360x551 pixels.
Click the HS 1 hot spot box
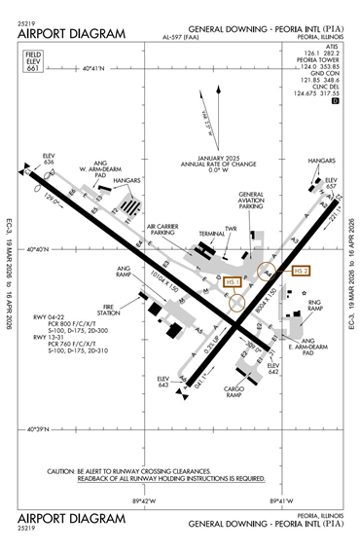pos(233,281)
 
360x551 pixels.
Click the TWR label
pos(231,229)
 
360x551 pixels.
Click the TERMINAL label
pos(213,235)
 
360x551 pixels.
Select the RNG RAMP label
pos(315,308)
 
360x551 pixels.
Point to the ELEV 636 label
pos(49,158)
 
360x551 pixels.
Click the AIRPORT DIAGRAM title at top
pos(72,34)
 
